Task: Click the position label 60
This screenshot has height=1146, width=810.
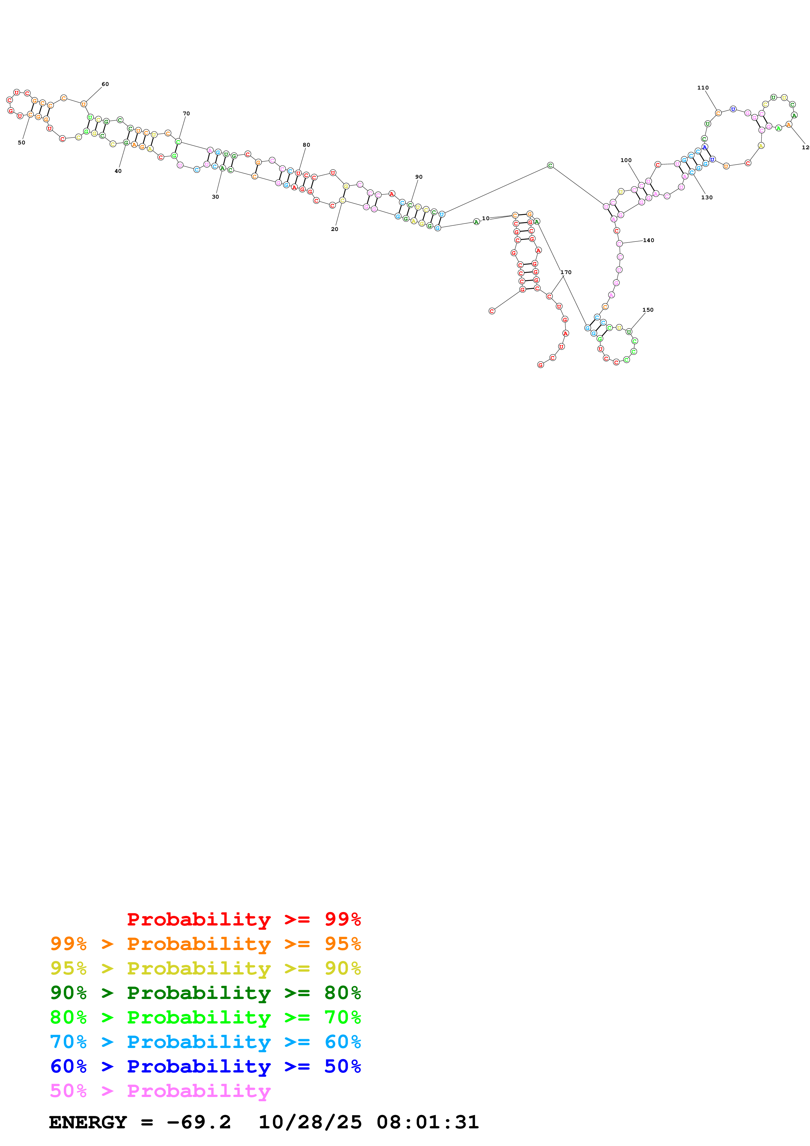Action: [105, 84]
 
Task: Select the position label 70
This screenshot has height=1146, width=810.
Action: [186, 114]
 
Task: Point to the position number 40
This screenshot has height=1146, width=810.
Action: [118, 171]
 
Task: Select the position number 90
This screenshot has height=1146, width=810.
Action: [419, 177]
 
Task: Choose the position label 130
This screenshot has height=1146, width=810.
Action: [707, 198]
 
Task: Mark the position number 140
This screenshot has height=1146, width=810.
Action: [648, 240]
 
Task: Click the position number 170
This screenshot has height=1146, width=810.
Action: [566, 272]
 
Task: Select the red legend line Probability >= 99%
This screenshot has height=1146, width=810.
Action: [243, 919]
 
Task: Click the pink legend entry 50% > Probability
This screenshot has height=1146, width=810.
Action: [160, 1090]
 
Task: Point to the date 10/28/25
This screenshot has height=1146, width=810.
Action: [310, 1122]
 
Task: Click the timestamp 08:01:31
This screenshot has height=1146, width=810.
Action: [428, 1122]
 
